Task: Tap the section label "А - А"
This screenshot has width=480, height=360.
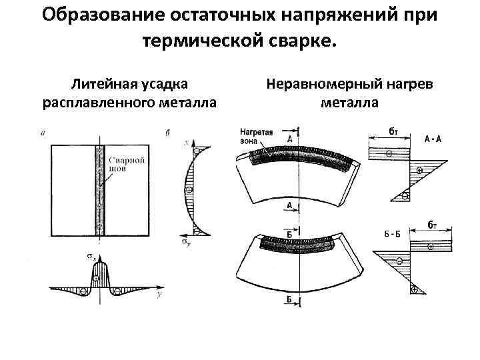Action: click(433, 139)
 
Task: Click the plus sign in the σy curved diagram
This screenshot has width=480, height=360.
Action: click(189, 190)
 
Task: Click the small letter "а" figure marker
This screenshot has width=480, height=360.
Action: click(43, 133)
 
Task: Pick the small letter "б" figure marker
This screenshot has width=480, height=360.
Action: click(167, 133)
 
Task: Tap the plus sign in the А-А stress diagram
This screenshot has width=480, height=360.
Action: click(419, 171)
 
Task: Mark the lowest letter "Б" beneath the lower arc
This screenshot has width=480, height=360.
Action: click(289, 299)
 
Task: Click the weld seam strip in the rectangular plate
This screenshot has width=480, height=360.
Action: click(99, 187)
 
